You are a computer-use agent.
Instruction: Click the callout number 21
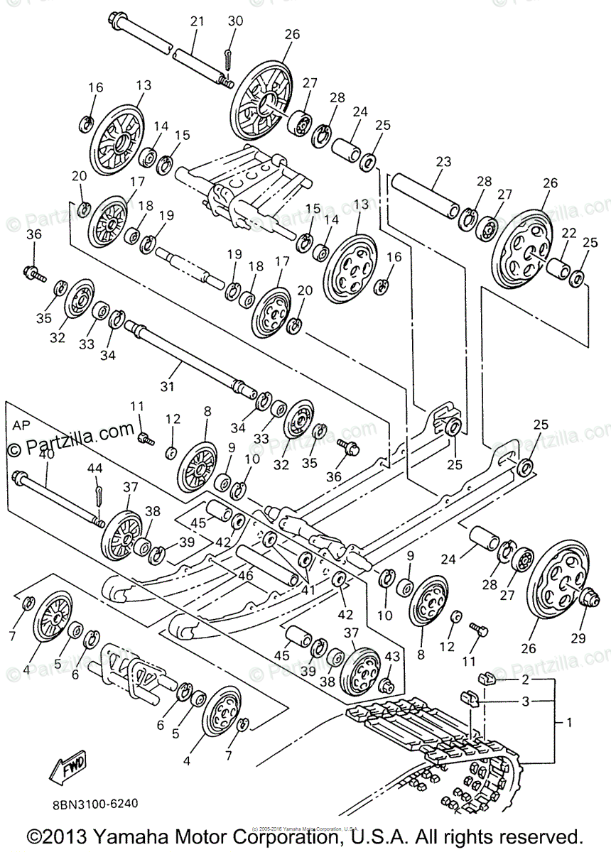[197, 22]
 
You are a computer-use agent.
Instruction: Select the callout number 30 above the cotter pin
[235, 22]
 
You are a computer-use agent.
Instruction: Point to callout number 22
[568, 234]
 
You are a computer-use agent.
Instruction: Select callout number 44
[95, 468]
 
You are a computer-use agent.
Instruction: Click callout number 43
[391, 658]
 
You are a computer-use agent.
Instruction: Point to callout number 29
[578, 638]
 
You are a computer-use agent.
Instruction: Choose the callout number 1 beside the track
[568, 723]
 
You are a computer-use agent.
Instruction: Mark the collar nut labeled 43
[386, 685]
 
